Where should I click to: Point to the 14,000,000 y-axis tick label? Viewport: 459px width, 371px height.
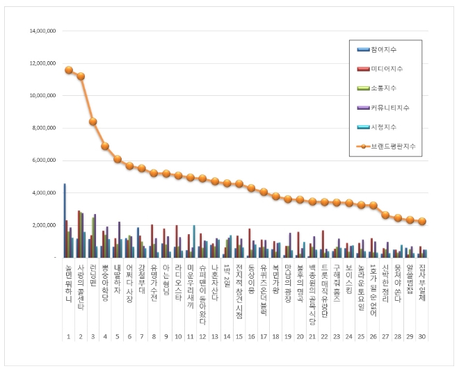click(x=42, y=31)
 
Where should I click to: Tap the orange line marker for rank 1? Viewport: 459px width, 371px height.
click(x=69, y=70)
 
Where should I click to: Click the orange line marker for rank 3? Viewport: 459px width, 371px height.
click(x=93, y=122)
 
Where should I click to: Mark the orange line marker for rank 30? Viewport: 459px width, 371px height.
click(x=422, y=221)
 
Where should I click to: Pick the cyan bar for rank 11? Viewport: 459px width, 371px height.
click(x=194, y=241)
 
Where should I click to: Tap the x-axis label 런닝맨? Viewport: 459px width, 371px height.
click(x=93, y=276)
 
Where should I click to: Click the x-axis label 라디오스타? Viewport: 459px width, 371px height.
click(x=178, y=282)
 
